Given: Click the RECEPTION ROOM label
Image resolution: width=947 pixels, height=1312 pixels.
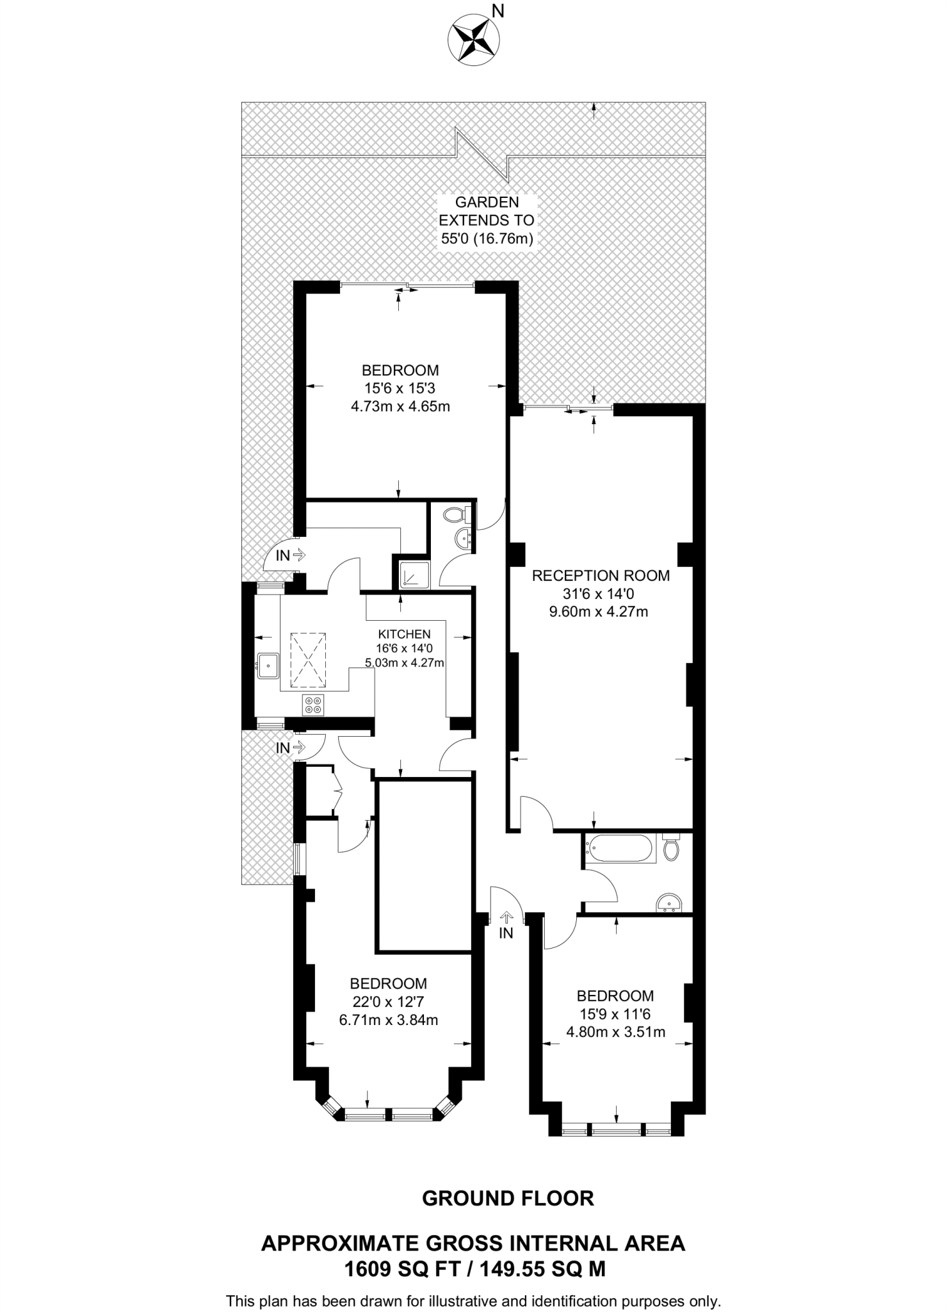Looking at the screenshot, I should [601, 575].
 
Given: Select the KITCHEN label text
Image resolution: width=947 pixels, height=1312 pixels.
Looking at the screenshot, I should [404, 634].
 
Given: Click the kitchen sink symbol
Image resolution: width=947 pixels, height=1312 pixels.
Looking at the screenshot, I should [267, 666].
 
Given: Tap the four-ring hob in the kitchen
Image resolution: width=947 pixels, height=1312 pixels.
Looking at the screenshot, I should [314, 705].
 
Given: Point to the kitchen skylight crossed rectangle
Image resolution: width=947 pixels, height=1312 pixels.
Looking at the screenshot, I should [308, 660].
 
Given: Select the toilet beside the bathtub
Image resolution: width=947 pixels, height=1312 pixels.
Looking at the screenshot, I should [671, 848].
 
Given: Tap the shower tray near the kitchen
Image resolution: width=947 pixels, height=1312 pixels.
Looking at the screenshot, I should [414, 575].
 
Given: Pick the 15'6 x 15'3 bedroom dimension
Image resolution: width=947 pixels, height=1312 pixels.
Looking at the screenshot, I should [400, 388].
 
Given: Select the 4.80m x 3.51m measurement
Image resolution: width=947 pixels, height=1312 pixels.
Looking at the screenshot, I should [615, 1032].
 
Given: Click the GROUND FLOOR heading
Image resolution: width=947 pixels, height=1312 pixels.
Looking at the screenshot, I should [508, 1199].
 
